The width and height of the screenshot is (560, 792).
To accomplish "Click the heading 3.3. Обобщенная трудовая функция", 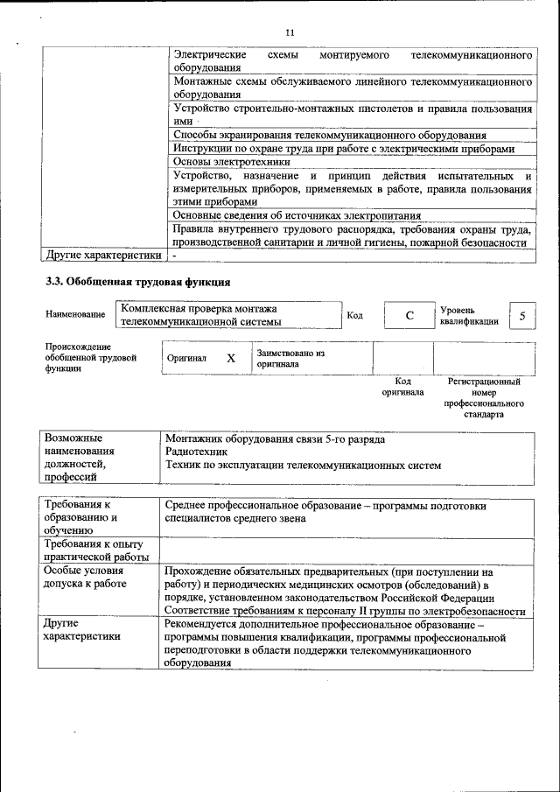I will (x=138, y=282).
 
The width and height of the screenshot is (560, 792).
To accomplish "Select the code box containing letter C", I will (x=409, y=315).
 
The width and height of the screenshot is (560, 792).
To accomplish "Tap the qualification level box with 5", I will (x=522, y=315).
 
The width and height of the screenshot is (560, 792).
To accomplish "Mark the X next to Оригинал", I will (x=231, y=358).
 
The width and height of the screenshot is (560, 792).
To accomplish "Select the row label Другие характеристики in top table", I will (x=104, y=256).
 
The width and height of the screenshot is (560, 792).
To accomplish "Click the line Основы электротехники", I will (x=225, y=162).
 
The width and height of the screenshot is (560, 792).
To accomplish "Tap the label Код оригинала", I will (x=402, y=388).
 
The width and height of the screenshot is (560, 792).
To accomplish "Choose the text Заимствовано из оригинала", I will (x=290, y=358).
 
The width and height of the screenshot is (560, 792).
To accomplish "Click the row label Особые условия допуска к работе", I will (x=86, y=577).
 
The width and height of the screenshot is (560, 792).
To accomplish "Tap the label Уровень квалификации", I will (x=469, y=315).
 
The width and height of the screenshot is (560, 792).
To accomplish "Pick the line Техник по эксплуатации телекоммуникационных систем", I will (x=304, y=466).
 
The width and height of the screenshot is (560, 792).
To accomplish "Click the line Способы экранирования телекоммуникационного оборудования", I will (x=330, y=136).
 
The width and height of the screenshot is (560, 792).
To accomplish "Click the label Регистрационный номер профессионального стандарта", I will (x=484, y=398).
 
